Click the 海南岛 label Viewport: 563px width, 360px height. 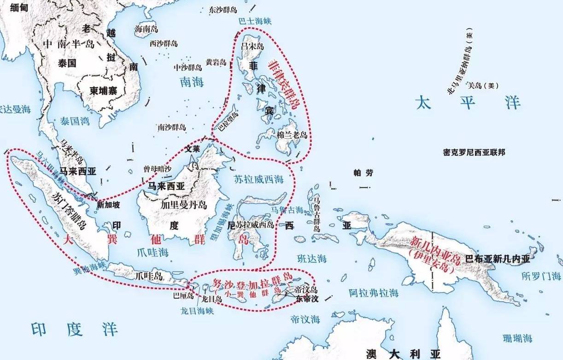tap(146, 29)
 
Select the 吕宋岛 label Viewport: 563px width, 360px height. tap(252, 46)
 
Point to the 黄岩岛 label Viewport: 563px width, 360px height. tap(216, 62)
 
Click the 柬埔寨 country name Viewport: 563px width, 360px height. tap(104, 91)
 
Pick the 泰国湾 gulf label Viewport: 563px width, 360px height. tap(74, 121)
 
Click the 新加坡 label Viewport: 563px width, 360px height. tap(110, 204)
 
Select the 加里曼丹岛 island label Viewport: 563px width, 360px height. tap(183, 204)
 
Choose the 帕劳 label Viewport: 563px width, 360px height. tap(363, 173)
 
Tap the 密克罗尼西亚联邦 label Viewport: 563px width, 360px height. tap(474, 152)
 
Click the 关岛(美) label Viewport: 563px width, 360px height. tap(483, 85)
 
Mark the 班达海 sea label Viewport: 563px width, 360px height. tap(312, 259)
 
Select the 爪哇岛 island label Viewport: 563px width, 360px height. tap(148, 276)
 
